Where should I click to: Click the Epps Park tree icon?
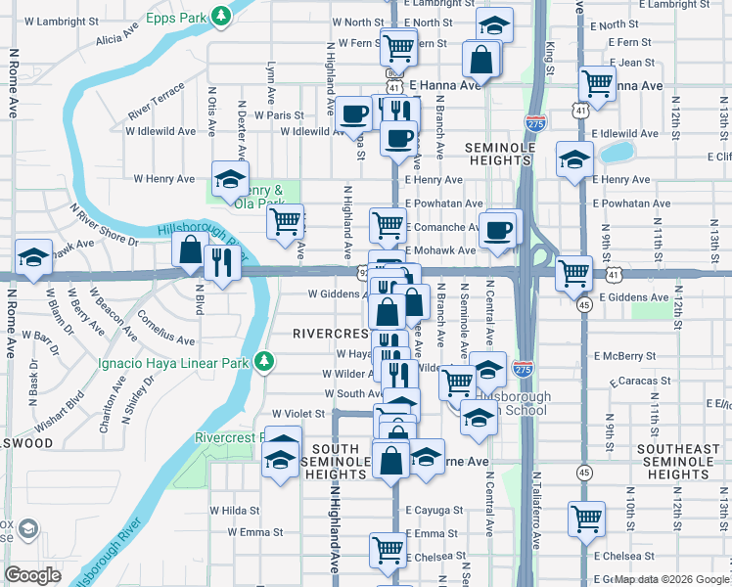(x=223, y=17)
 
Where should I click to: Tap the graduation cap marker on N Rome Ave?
(x=34, y=257)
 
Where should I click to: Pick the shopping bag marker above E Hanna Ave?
(x=482, y=61)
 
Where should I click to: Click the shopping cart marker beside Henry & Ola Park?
(x=286, y=222)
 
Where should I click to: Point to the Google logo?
(x=33, y=574)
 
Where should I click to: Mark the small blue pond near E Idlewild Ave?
(x=618, y=153)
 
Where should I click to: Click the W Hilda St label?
(x=235, y=510)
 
